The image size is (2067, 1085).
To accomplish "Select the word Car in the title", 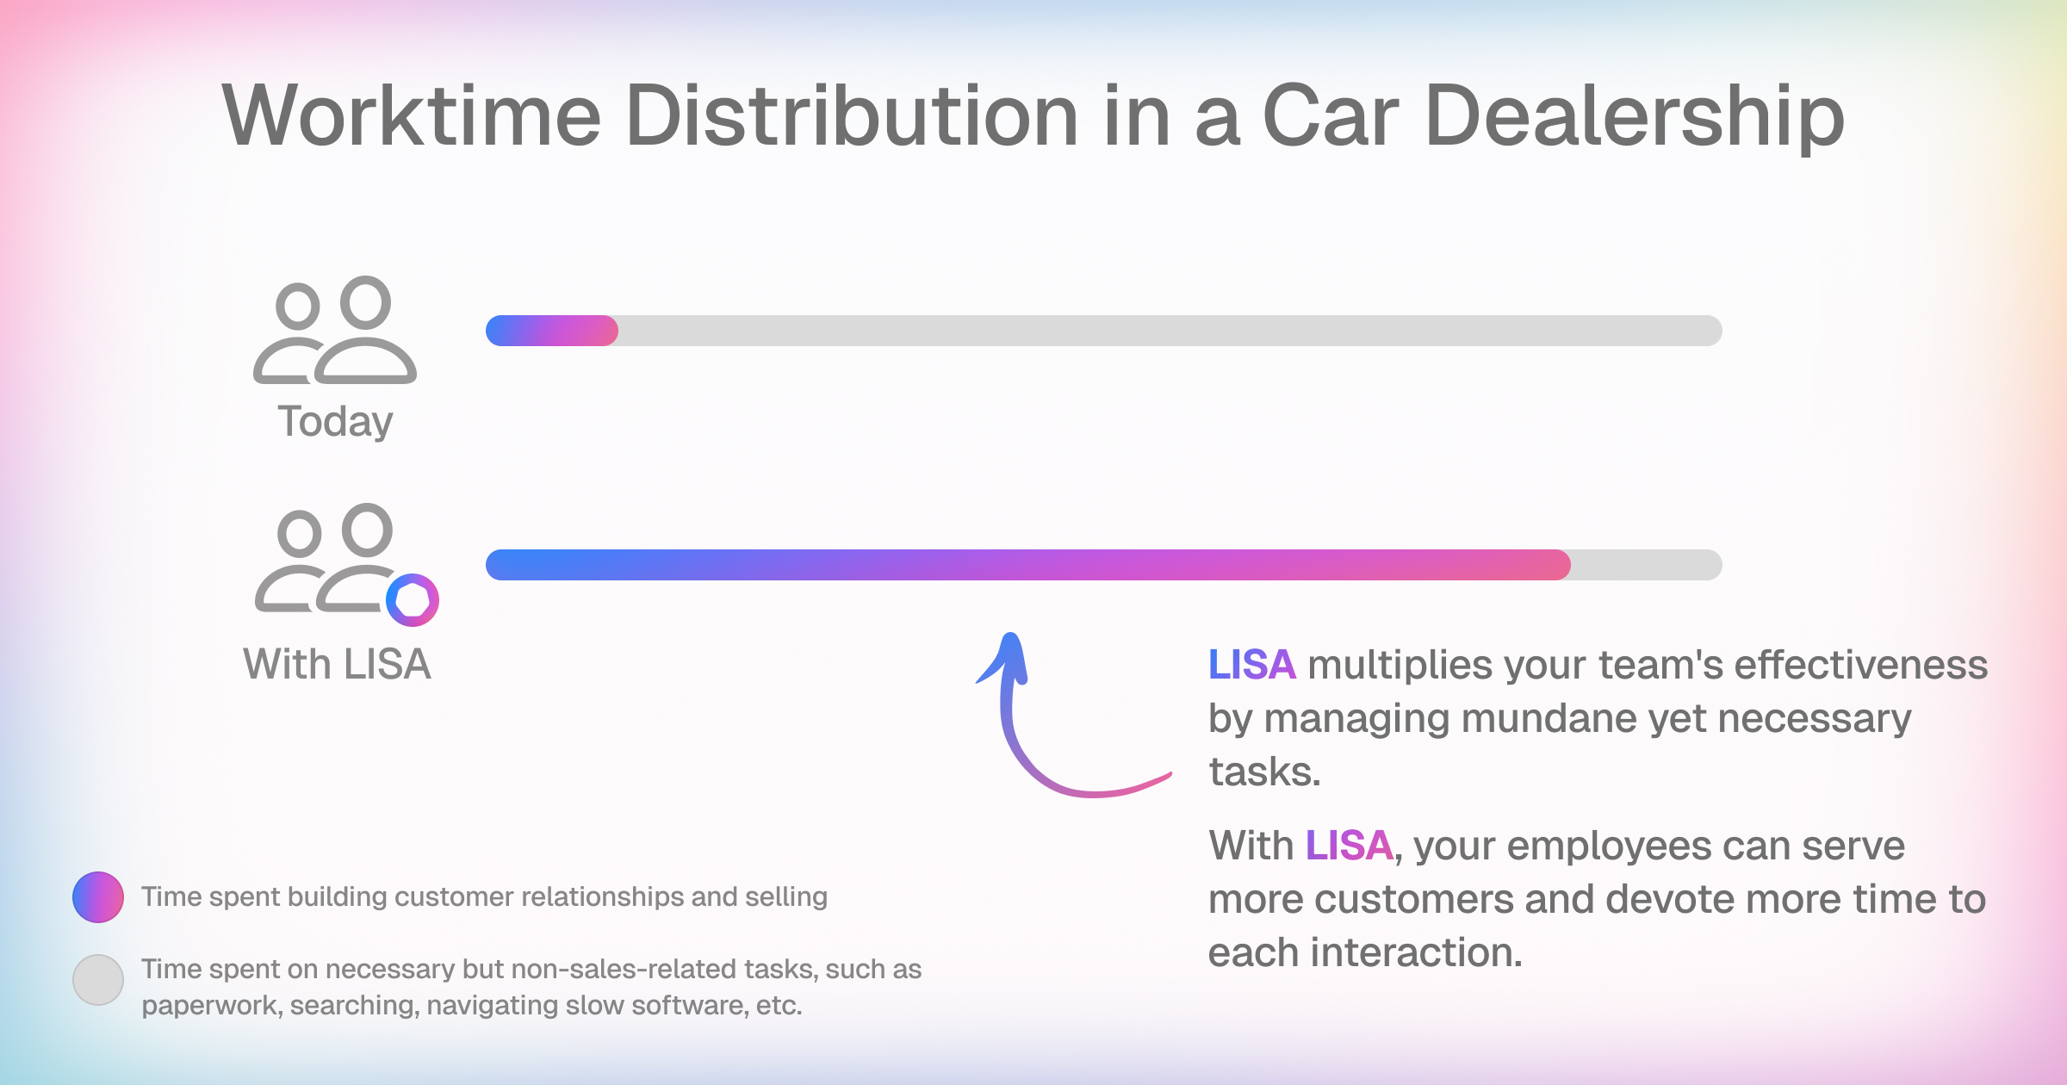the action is [x=1331, y=115].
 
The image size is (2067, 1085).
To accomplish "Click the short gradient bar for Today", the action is [x=552, y=331].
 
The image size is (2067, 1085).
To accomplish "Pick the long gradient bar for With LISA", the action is [x=1028, y=565].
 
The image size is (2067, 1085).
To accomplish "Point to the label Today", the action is [x=335, y=422].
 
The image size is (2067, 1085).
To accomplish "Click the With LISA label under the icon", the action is [x=337, y=664].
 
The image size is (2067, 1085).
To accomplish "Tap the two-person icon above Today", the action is [x=335, y=330].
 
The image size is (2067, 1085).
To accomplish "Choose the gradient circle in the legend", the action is [x=98, y=897].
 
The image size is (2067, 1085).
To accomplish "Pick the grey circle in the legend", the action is [x=98, y=980].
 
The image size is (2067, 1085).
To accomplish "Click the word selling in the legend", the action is [x=786, y=897].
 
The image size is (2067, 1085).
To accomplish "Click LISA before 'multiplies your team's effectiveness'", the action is [x=1252, y=665].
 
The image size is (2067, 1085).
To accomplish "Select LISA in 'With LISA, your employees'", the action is [x=1350, y=846].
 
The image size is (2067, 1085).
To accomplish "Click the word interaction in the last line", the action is [x=1418, y=952].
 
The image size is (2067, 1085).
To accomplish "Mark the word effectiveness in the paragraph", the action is [x=1861, y=665].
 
